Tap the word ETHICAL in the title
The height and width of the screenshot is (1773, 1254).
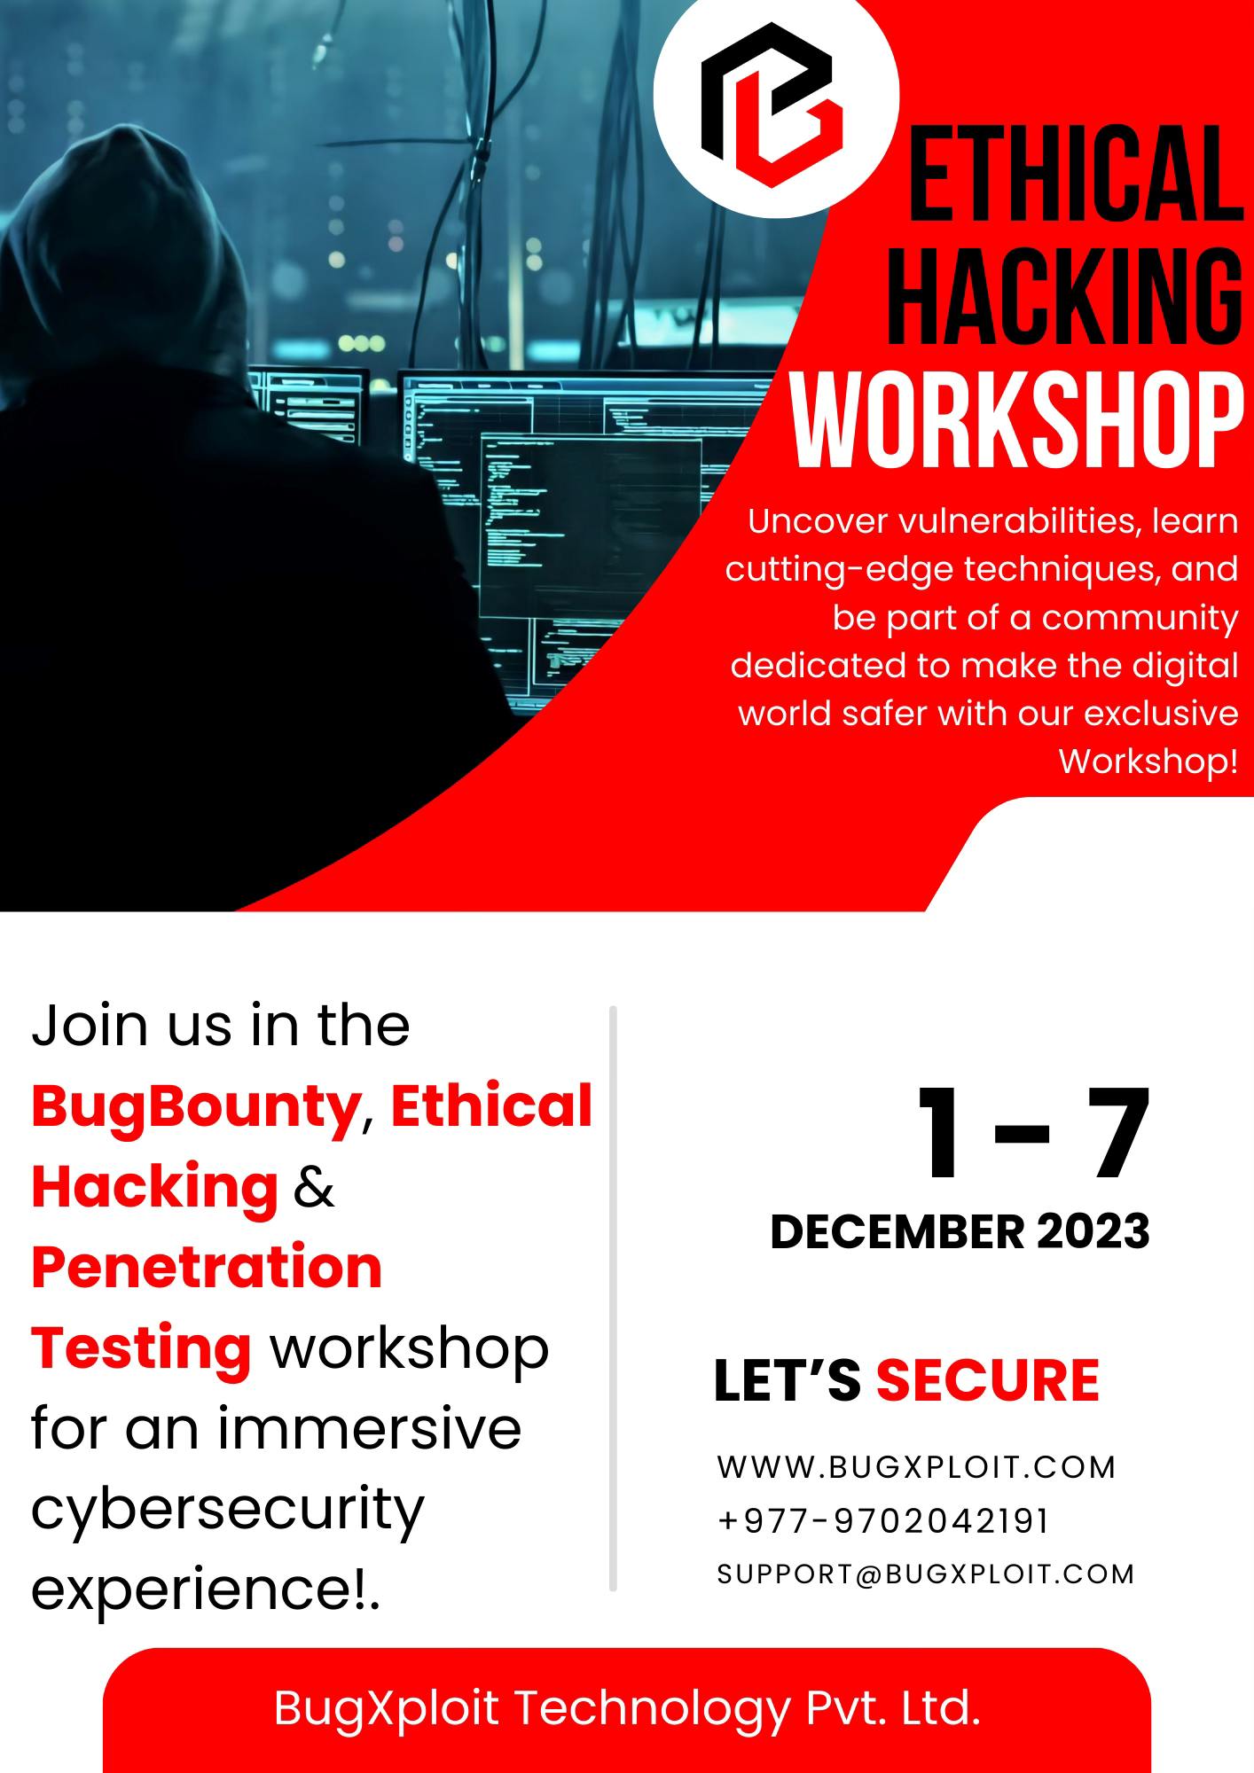click(1076, 174)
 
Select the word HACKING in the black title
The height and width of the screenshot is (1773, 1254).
click(1065, 296)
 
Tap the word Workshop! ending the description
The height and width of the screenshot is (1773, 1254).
click(1148, 761)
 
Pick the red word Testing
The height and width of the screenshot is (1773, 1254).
click(141, 1349)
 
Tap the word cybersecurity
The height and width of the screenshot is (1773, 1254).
click(228, 1511)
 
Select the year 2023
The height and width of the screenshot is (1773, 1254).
click(1093, 1231)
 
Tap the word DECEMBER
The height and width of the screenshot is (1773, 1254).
click(897, 1231)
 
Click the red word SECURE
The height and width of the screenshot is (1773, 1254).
click(988, 1380)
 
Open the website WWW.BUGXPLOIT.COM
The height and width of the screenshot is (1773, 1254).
click(916, 1467)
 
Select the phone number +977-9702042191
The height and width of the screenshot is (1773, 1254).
click(883, 1521)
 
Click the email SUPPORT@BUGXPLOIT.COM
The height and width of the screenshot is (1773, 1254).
click(926, 1574)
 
